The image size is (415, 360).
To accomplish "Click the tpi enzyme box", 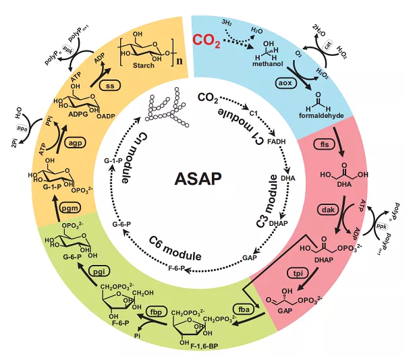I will (x=300, y=273).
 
